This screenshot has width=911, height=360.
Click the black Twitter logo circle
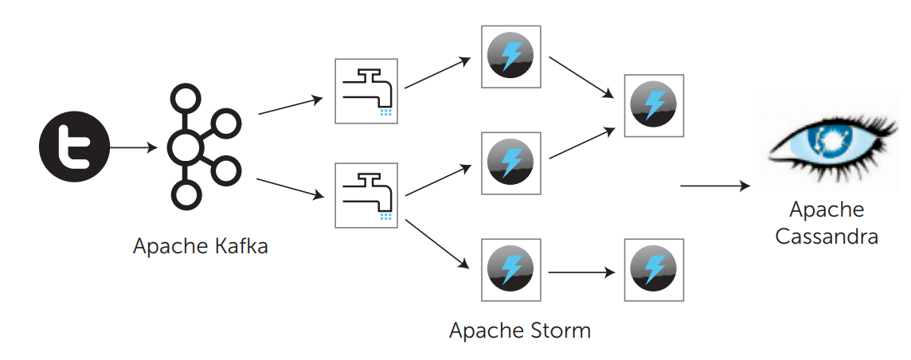[x=74, y=147]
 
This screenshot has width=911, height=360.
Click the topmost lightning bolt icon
[x=510, y=57]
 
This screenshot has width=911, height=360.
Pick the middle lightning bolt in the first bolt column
[x=510, y=162]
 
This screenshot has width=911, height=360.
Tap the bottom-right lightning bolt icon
[x=653, y=268]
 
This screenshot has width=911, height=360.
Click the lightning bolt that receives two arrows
[x=653, y=106]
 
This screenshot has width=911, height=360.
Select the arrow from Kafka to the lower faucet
[x=291, y=188]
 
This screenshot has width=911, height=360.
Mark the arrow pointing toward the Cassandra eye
[x=714, y=186]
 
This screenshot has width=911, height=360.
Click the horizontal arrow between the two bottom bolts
[x=581, y=272]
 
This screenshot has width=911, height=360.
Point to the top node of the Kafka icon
[x=186, y=100]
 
